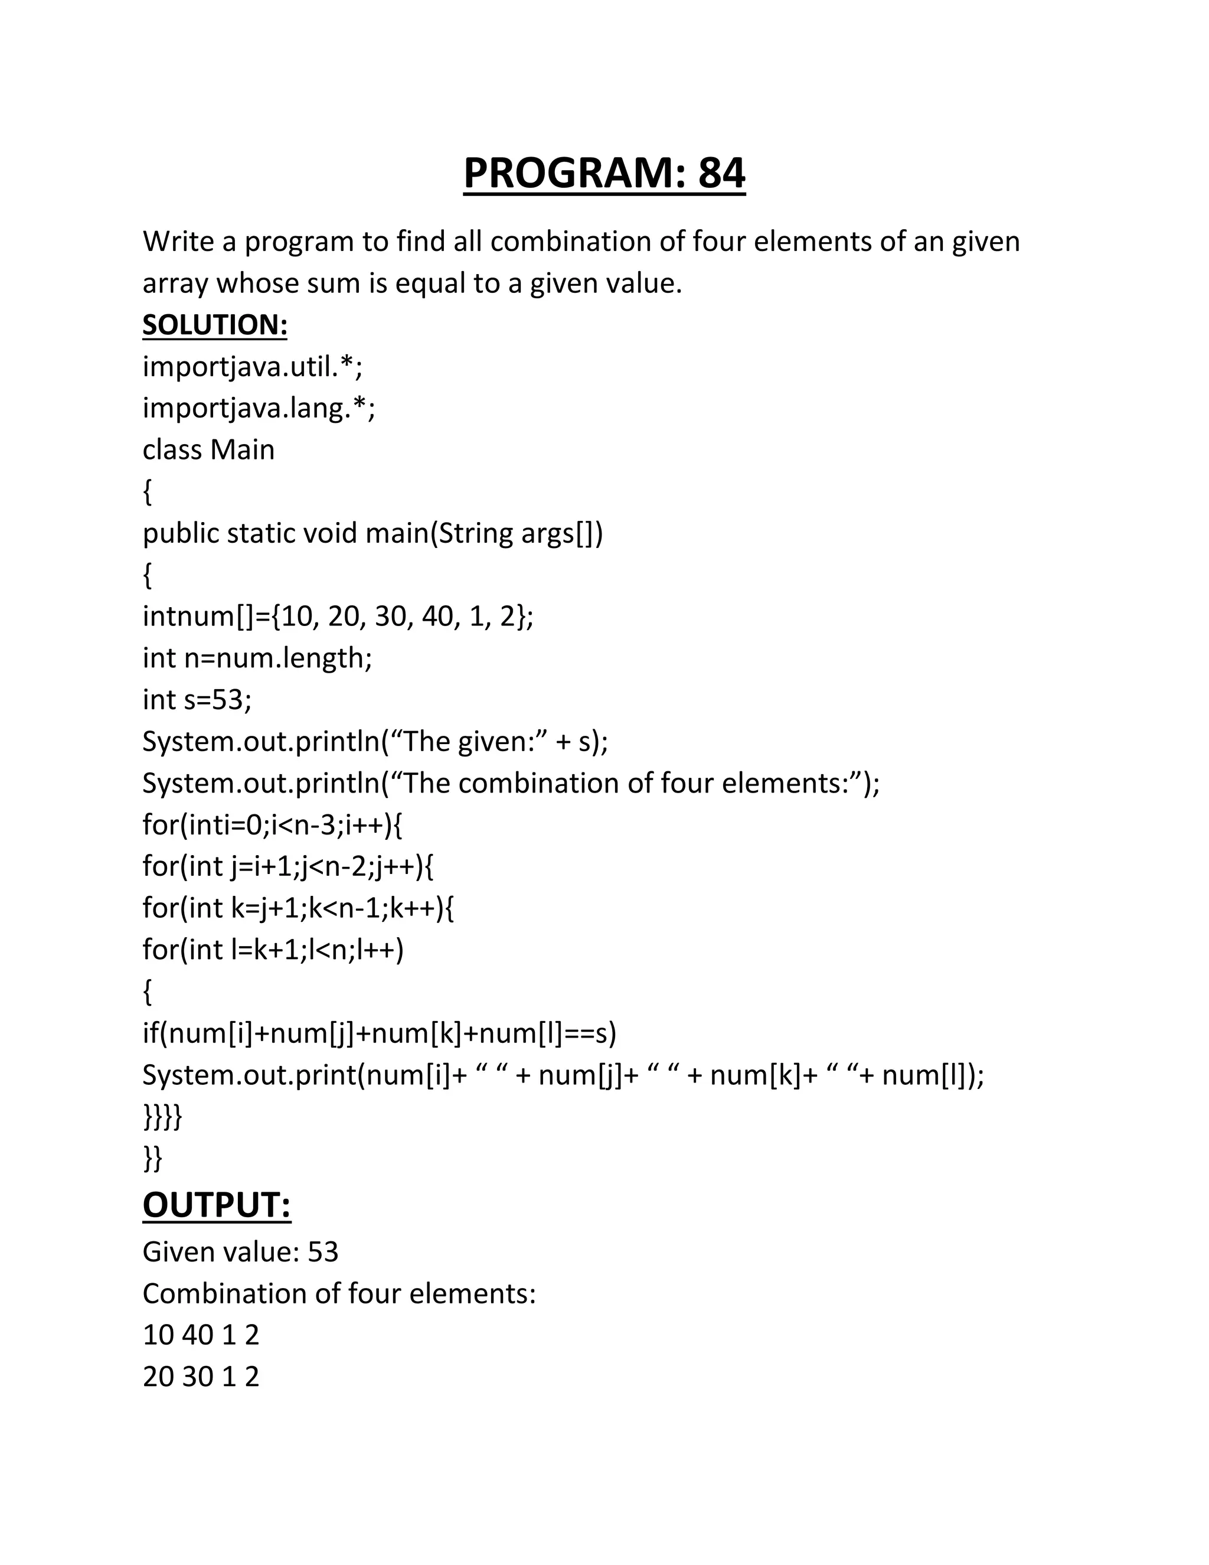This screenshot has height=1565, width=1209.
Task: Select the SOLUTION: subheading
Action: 215,325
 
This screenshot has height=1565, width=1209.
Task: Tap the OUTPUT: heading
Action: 216,1205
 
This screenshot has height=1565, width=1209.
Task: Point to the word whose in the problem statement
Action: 257,283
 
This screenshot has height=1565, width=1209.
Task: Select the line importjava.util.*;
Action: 252,366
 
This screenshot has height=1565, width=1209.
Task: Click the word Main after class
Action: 242,449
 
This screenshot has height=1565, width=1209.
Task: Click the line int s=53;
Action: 197,699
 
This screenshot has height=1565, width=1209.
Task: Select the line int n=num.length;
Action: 257,658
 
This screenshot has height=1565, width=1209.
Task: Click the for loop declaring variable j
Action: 288,866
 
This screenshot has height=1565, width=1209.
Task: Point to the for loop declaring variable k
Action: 298,908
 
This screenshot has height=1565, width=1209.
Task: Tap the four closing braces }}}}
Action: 162,1116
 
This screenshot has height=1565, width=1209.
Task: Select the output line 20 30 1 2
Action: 201,1377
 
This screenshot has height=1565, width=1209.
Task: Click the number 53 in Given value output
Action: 322,1252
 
